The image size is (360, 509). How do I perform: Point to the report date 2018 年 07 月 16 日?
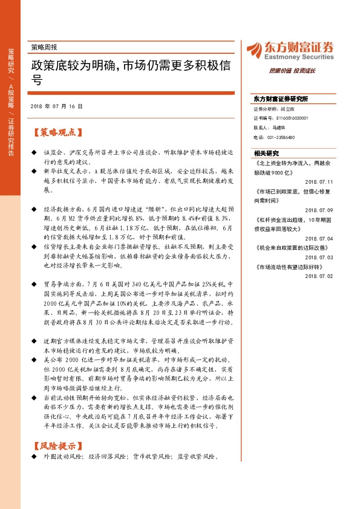click(56, 106)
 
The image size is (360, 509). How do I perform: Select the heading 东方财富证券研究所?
click(281, 99)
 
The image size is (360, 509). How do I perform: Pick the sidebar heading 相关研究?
click(266, 153)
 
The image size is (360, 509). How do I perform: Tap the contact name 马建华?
click(279, 128)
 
